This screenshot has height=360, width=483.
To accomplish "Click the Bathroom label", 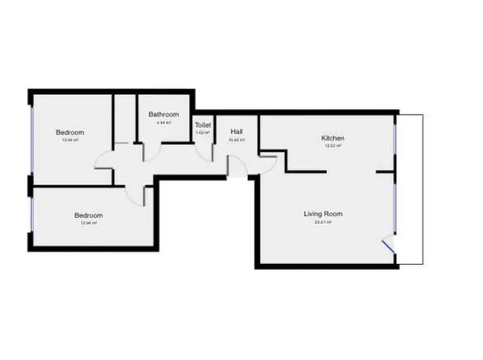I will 163,115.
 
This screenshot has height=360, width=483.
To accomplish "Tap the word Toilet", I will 203,125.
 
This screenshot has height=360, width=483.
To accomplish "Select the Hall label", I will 236,132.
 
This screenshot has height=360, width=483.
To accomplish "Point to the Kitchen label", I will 332,138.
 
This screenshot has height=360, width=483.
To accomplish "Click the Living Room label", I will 323,214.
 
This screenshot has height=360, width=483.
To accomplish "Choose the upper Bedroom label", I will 70,132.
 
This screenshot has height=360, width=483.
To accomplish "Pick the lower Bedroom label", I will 88,215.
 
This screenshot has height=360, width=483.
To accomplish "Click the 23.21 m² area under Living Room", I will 323,222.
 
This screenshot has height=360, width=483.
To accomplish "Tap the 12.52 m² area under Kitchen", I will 332,145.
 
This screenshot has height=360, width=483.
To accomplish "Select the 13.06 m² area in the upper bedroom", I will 70,140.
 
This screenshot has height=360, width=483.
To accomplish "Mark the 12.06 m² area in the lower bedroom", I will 88,223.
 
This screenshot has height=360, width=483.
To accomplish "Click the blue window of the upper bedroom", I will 32,139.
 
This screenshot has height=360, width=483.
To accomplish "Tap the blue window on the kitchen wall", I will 394,139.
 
